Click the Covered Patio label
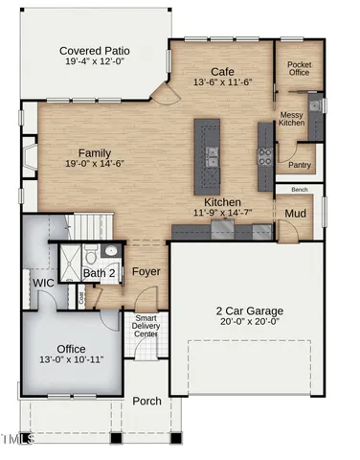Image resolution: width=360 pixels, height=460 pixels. (95, 51)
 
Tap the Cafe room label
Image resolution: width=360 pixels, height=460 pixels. (223, 71)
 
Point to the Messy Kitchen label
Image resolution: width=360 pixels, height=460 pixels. (292, 120)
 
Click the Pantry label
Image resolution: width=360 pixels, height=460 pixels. (300, 165)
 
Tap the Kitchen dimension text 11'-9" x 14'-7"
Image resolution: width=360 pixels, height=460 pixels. (222, 212)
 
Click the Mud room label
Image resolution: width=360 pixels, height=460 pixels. (296, 213)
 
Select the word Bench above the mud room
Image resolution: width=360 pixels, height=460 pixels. (299, 190)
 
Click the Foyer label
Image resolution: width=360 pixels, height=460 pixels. (146, 272)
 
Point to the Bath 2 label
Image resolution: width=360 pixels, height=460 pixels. (99, 274)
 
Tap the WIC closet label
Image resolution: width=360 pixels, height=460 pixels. (42, 284)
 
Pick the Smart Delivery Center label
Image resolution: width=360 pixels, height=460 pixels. (146, 326)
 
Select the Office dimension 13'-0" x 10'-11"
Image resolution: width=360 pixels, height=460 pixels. (72, 360)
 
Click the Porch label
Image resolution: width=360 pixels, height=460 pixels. (146, 402)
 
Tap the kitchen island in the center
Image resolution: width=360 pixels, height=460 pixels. (206, 151)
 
